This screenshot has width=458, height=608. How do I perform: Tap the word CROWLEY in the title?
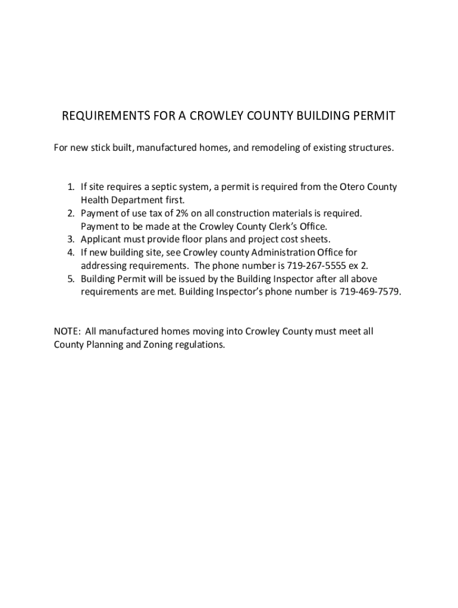tap(202, 116)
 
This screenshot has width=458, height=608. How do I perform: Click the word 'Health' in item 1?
tap(95, 200)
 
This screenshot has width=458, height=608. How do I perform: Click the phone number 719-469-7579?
tap(370, 292)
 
